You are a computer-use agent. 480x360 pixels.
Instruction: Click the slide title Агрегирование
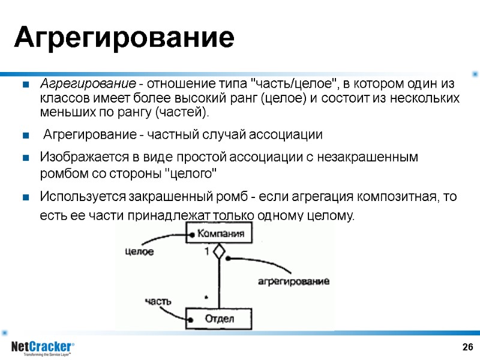pyautogui.click(x=124, y=38)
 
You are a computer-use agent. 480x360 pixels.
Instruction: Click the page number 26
pyautogui.click(x=467, y=347)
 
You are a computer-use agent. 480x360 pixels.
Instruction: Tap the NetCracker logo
pyautogui.click(x=43, y=348)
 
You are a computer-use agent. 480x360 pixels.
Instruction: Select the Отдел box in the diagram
pyautogui.click(x=219, y=318)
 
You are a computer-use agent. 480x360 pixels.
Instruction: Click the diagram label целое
pyautogui.click(x=139, y=252)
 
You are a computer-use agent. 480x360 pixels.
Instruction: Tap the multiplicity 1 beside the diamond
pyautogui.click(x=207, y=252)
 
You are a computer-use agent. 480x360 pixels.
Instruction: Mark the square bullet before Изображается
pyautogui.click(x=26, y=158)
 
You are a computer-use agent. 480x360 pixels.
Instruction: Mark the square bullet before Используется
pyautogui.click(x=26, y=197)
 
